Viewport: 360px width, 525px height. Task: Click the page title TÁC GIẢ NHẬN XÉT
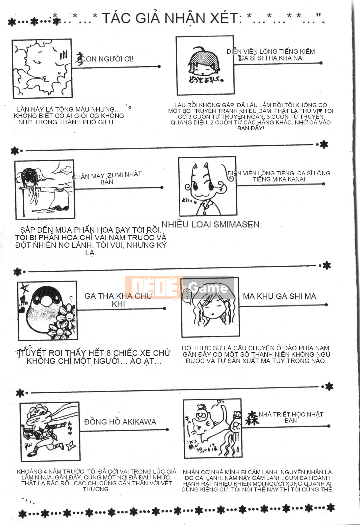(172, 18)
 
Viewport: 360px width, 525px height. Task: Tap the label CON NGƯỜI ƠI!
(107, 59)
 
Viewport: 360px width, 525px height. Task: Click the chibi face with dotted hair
(205, 63)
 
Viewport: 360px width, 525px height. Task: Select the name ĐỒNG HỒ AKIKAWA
(120, 422)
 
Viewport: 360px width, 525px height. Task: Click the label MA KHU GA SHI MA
(280, 296)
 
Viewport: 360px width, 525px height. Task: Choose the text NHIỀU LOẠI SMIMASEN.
(211, 224)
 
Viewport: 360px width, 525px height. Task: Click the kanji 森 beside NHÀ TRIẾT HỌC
(252, 418)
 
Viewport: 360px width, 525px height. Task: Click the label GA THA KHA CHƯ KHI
(118, 300)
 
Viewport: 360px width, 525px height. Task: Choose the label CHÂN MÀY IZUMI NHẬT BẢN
(107, 178)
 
